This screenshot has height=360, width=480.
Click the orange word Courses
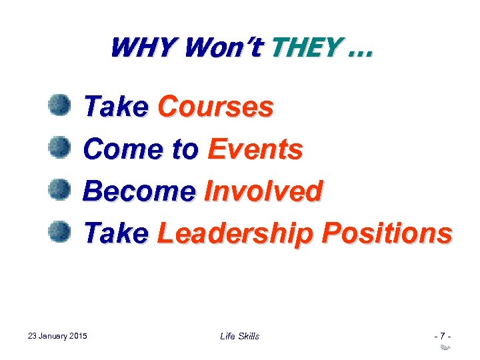[215, 107]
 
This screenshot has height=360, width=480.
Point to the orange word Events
[255, 149]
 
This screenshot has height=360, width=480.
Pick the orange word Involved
[263, 191]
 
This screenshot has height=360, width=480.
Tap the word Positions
[386, 233]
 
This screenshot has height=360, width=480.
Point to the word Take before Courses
[116, 107]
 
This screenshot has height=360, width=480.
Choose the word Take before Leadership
[116, 233]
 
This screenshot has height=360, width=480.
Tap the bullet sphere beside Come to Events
[59, 147]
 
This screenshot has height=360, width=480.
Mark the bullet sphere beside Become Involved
[59, 190]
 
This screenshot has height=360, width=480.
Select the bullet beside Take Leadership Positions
[59, 232]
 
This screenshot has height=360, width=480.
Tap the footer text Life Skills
[239, 336]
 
